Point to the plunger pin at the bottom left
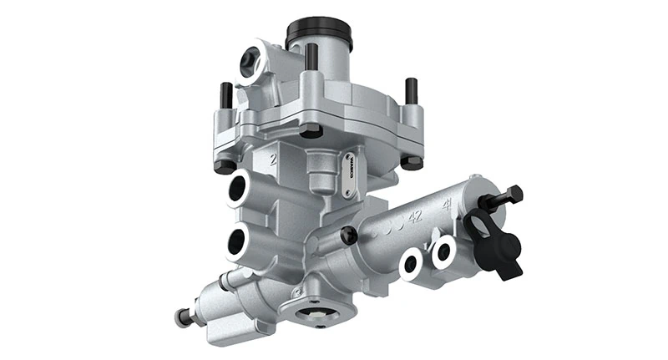click(x=181, y=317)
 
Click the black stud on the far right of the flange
click(x=411, y=89)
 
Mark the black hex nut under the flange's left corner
click(x=224, y=165)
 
